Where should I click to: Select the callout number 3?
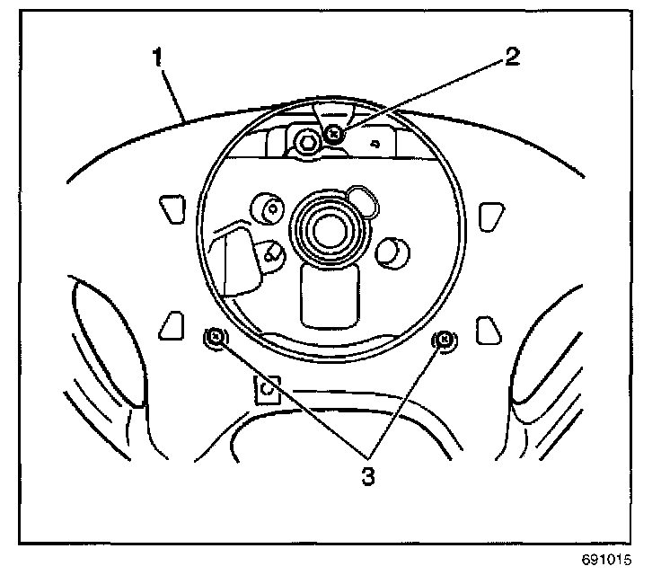click(366, 476)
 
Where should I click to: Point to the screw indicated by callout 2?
click(334, 135)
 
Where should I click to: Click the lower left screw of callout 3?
click(216, 339)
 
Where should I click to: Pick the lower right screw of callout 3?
click(443, 339)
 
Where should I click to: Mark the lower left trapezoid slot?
click(170, 327)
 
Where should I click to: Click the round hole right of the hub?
click(392, 252)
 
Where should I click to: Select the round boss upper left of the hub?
click(269, 208)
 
